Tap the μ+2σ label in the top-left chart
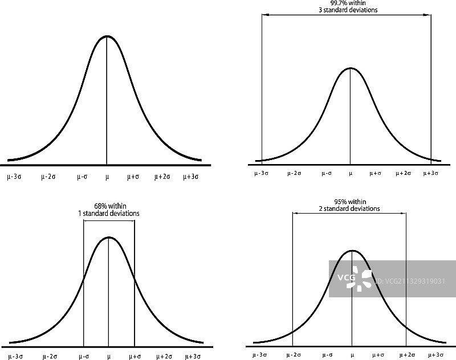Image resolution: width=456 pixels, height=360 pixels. pyautogui.click(x=162, y=177)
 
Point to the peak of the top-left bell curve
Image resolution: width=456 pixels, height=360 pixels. pyautogui.click(x=107, y=36)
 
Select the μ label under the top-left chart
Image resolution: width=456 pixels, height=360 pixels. pyautogui.click(x=107, y=177)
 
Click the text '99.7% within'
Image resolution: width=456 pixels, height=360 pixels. pyautogui.click(x=347, y=3)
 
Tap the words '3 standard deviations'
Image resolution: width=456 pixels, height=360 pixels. pyautogui.click(x=347, y=10)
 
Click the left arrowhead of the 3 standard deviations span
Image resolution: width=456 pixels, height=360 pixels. pyautogui.click(x=264, y=15)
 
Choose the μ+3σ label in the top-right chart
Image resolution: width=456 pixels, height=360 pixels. pyautogui.click(x=430, y=173)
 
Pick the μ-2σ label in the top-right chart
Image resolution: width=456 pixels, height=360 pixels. pyautogui.click(x=295, y=173)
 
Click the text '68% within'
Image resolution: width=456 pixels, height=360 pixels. pyautogui.click(x=108, y=206)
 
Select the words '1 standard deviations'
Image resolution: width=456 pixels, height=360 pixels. pyautogui.click(x=108, y=214)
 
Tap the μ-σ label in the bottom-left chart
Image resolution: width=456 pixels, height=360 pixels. pyautogui.click(x=84, y=356)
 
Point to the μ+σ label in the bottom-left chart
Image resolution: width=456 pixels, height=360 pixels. pyautogui.click(x=135, y=356)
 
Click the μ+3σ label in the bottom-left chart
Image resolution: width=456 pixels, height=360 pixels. pyautogui.click(x=193, y=356)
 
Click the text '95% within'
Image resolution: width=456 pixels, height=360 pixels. pyautogui.click(x=349, y=202)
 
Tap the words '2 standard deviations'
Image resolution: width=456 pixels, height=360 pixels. pyautogui.click(x=349, y=208)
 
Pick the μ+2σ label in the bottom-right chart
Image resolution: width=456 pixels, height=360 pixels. pyautogui.click(x=406, y=354)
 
